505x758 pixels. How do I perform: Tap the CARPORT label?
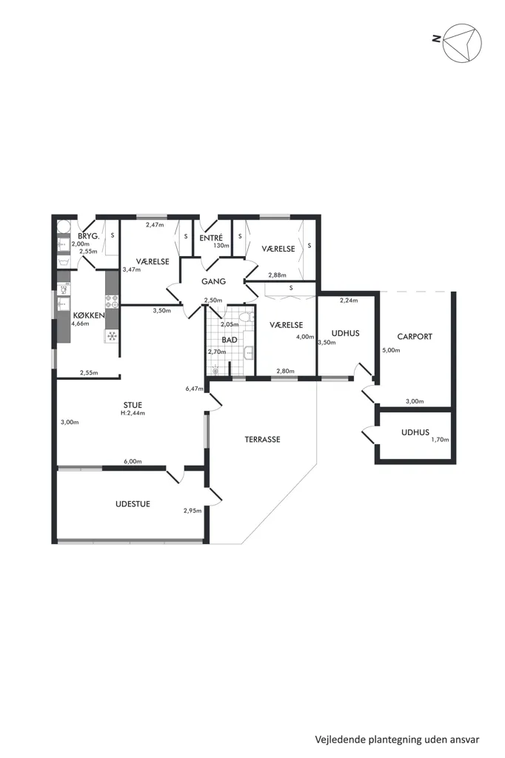[x=415, y=337]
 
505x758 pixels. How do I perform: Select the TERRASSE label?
[x=262, y=440]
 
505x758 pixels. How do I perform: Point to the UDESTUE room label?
[x=133, y=503]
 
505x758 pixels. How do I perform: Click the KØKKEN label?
[x=88, y=315]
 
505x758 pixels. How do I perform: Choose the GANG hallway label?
[x=213, y=281]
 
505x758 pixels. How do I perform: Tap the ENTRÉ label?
[x=211, y=238]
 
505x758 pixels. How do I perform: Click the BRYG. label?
[x=89, y=236]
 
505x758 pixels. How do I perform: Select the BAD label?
[x=230, y=340]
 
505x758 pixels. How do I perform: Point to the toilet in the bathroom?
[x=247, y=317]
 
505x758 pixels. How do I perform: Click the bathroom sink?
[x=249, y=352]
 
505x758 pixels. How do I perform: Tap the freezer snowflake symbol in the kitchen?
[x=112, y=336]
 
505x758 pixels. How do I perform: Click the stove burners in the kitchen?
[x=112, y=301]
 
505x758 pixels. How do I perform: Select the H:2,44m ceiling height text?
[x=133, y=413]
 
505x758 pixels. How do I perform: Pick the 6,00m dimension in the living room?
[x=133, y=461]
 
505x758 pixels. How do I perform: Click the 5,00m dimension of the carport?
[x=391, y=350]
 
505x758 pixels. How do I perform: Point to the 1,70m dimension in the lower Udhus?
[x=440, y=440]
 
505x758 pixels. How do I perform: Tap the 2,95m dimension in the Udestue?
[x=193, y=510]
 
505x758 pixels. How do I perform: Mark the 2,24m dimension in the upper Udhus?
[x=349, y=301]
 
